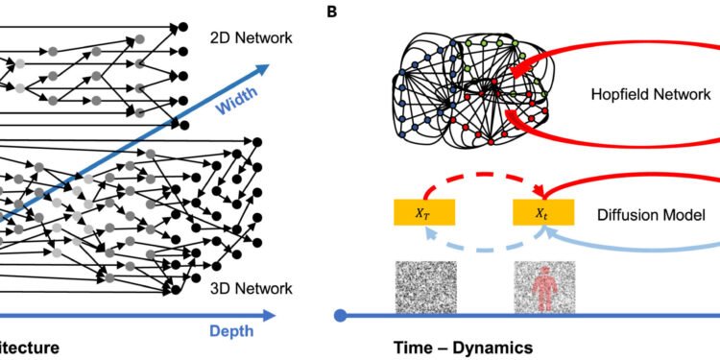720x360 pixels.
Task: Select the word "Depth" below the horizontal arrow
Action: [x=230, y=331]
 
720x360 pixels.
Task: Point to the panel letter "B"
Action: [x=331, y=12]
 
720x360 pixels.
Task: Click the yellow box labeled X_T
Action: [x=422, y=212]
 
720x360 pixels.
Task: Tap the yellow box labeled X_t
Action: [x=543, y=212]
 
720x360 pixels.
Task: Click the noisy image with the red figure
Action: [x=544, y=284]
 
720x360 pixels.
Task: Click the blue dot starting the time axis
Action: [x=340, y=314]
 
